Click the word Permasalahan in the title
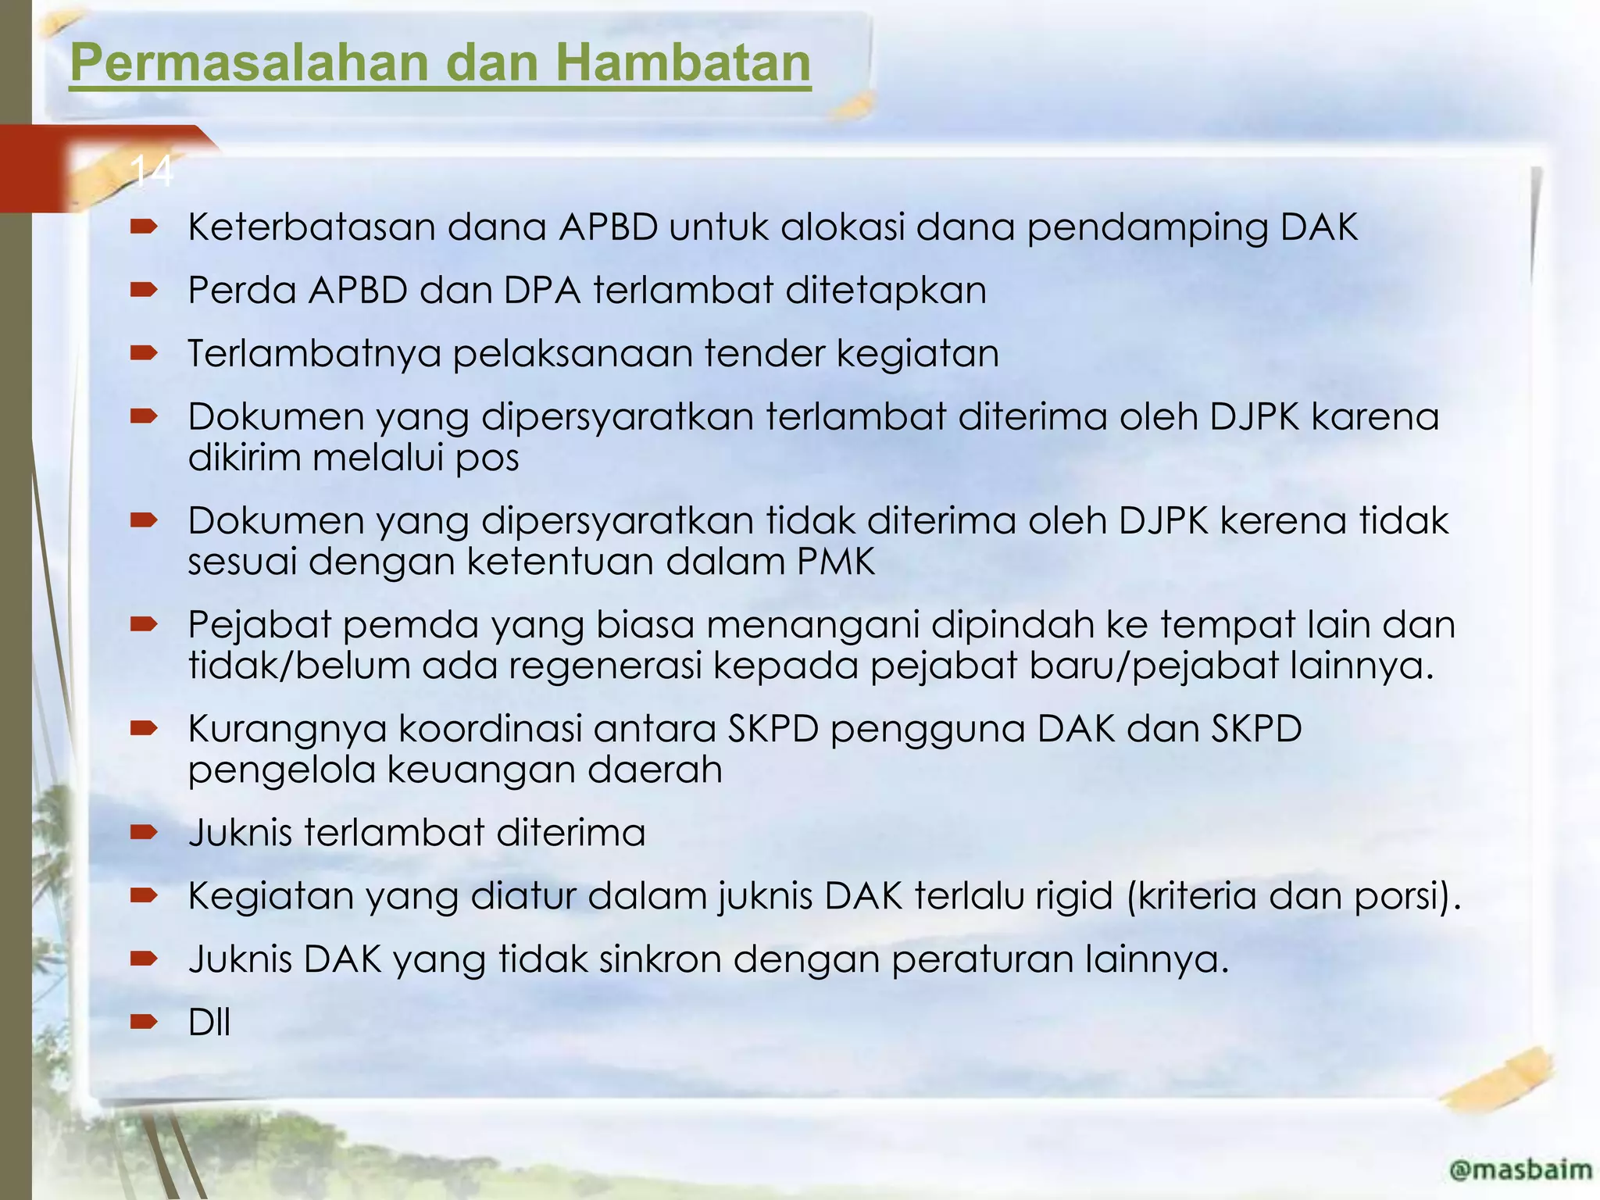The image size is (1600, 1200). pos(248,62)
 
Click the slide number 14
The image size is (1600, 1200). pos(152,170)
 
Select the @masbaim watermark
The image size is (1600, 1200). pos(1520,1170)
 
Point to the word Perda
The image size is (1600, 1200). pos(242,291)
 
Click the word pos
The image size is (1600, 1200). pos(487,458)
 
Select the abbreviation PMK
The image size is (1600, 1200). pos(836,562)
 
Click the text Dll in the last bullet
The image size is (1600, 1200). pos(209,1023)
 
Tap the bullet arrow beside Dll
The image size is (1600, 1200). pos(145,1022)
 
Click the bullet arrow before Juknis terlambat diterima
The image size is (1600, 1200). pos(145,832)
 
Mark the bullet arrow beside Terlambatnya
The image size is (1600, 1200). pos(145,353)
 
